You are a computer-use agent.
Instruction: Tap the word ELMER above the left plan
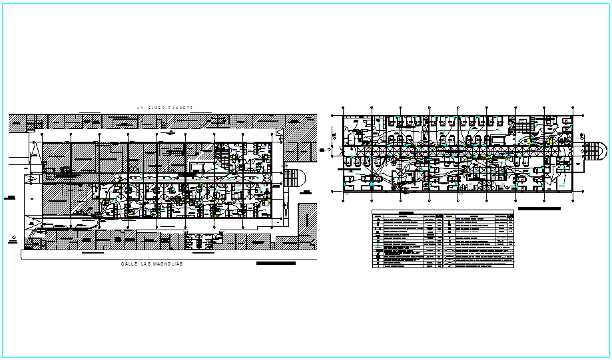pyautogui.click(x=156, y=107)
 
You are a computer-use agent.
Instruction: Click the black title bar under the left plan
pyautogui.click(x=275, y=264)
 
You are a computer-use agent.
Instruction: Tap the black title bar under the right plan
pyautogui.click(x=539, y=208)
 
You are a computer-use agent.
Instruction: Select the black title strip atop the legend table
pyautogui.click(x=406, y=213)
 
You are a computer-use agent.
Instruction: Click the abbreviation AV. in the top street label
pyautogui.click(x=140, y=107)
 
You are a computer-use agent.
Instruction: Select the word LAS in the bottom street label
pyautogui.click(x=143, y=264)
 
